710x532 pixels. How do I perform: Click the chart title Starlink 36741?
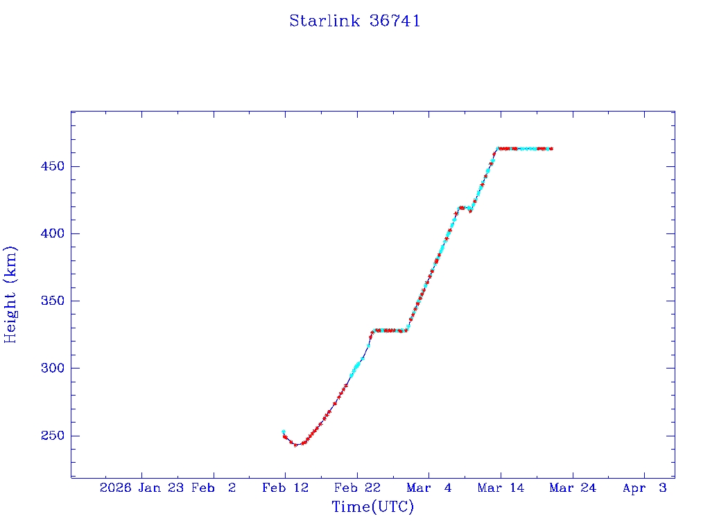355,21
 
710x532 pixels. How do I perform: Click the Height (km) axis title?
10,294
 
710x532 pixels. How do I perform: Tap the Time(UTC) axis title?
373,507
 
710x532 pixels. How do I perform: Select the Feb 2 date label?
214,488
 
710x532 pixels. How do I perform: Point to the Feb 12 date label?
285,488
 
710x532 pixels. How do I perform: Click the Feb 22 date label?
357,488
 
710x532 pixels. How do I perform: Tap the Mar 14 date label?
501,488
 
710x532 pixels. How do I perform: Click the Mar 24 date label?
573,488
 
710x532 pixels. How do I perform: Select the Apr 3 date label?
645,488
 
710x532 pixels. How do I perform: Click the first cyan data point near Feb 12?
284,432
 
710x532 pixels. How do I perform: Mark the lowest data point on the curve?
295,445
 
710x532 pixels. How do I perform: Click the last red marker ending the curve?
551,148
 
